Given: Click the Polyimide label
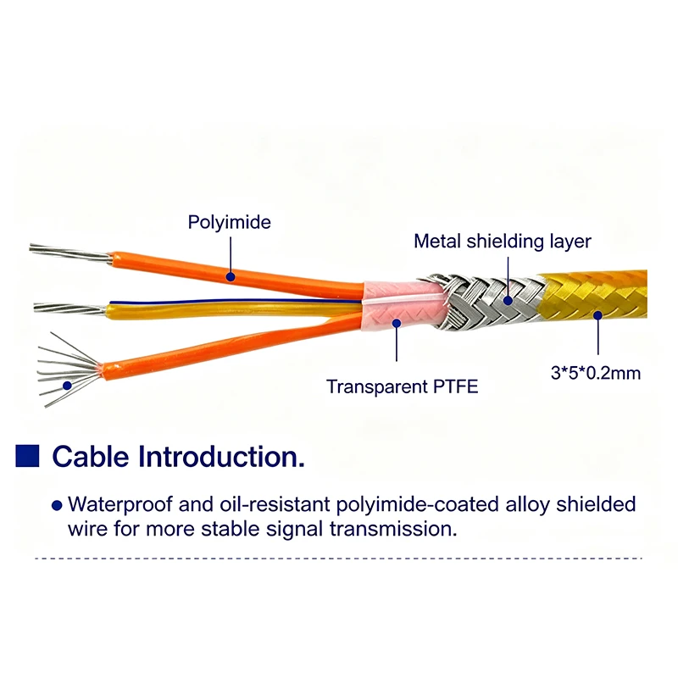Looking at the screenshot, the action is [229, 223].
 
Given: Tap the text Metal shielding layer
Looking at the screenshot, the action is [503, 242].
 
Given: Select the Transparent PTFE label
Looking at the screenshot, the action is [402, 386].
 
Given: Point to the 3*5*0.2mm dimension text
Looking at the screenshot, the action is [596, 373].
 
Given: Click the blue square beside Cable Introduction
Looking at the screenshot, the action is [27, 456].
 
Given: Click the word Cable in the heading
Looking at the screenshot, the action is [91, 457].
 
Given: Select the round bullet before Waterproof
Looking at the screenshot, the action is [57, 505].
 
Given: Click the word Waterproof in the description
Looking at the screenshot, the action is [120, 505].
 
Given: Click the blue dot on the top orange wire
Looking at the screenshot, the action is [231, 276].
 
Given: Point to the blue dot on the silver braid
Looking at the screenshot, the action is [508, 300].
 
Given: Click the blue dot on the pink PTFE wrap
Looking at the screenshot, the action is [397, 323].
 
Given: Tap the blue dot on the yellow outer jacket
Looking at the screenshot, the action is [597, 315].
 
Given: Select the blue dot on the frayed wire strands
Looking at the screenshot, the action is [67, 386].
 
